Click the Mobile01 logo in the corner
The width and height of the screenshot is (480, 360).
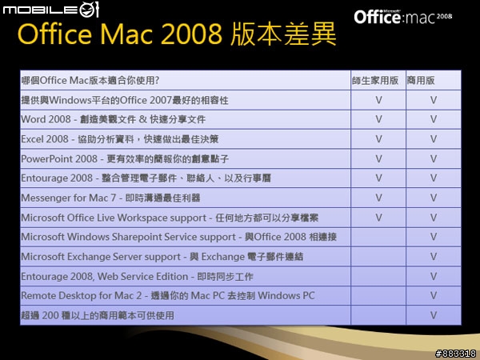coord(51,9)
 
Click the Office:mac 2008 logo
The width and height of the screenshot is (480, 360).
coord(403,17)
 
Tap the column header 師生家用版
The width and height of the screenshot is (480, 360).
coord(375,81)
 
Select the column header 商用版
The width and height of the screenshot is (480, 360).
coord(421,81)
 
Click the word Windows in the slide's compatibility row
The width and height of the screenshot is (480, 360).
coord(70,100)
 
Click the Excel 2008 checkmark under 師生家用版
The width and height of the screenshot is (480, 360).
coord(378,139)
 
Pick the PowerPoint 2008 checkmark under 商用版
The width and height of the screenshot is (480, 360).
coord(434,158)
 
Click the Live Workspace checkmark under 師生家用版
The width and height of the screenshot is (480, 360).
coord(378,218)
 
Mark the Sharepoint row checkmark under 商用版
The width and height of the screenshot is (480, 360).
coord(434,237)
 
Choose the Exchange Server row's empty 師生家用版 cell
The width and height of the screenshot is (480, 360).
coord(378,256)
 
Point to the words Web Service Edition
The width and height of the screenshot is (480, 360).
coord(143,277)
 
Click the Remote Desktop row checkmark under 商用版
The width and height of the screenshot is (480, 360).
coord(434,295)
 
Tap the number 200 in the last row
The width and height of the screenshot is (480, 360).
coord(50,315)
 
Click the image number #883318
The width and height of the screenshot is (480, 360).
coord(455,354)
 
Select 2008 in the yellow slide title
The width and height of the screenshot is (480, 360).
coord(191,34)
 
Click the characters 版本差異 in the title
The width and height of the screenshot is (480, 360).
coord(283,34)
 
